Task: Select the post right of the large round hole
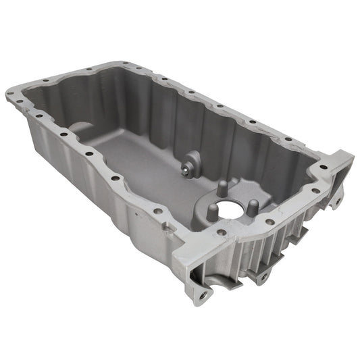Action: point(251,206)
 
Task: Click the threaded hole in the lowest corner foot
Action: point(201,294)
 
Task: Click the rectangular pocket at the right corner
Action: point(340,172)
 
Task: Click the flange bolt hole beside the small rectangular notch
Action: point(158,211)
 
